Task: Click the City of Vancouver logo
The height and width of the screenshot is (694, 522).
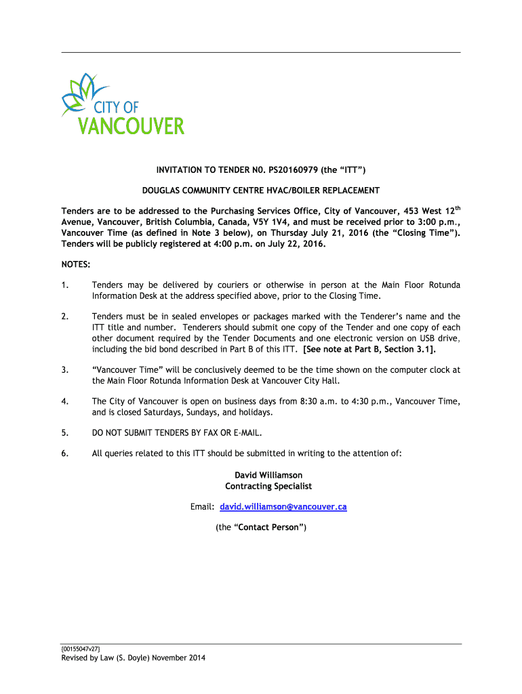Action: (x=123, y=105)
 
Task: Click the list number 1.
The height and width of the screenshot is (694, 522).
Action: (x=64, y=285)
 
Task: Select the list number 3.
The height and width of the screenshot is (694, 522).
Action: (x=64, y=370)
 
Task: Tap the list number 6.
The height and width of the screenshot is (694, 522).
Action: (x=64, y=453)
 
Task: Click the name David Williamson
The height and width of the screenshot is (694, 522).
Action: (x=268, y=475)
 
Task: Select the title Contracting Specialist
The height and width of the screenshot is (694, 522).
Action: (x=268, y=486)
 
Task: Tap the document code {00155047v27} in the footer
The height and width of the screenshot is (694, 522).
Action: (x=81, y=649)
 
